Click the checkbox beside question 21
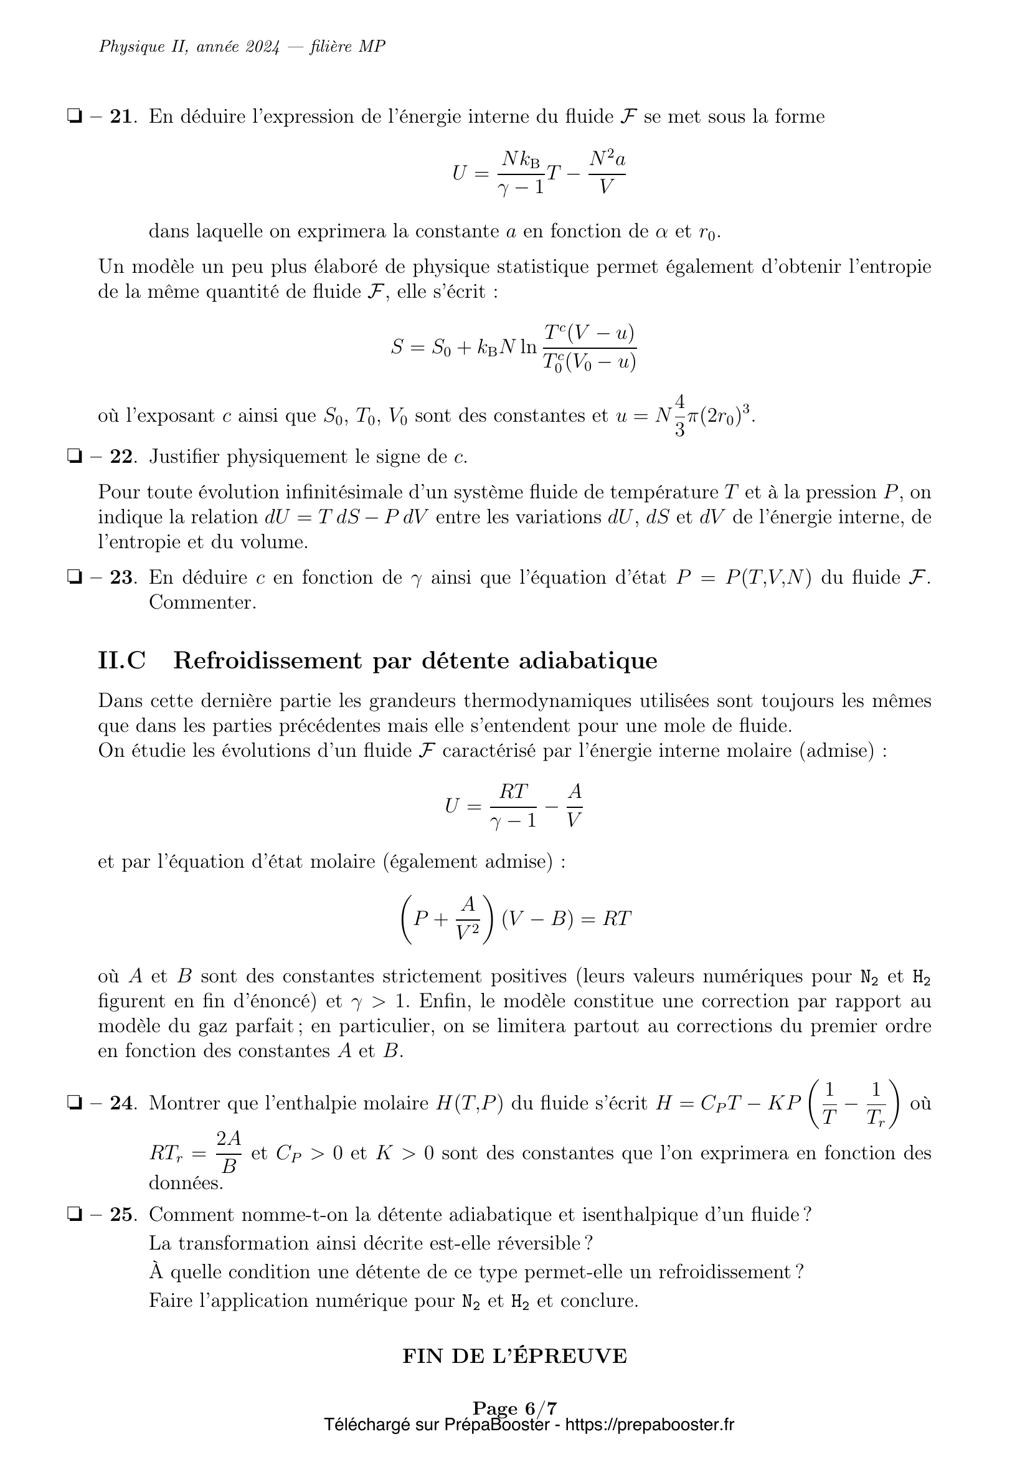click(x=75, y=116)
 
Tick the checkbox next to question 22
click(x=75, y=456)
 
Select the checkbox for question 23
click(x=75, y=577)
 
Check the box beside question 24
click(x=75, y=1104)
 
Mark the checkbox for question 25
click(x=75, y=1215)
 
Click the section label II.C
click(x=122, y=660)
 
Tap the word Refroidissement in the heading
click(x=267, y=660)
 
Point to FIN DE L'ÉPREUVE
click(x=514, y=1355)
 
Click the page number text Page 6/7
click(x=514, y=1408)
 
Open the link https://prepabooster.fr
click(x=649, y=1424)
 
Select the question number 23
click(x=122, y=577)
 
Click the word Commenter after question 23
click(x=202, y=602)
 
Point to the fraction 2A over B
click(x=229, y=1152)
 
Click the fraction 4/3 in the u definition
click(x=679, y=416)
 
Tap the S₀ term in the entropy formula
click(x=441, y=347)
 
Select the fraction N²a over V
click(x=607, y=172)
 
